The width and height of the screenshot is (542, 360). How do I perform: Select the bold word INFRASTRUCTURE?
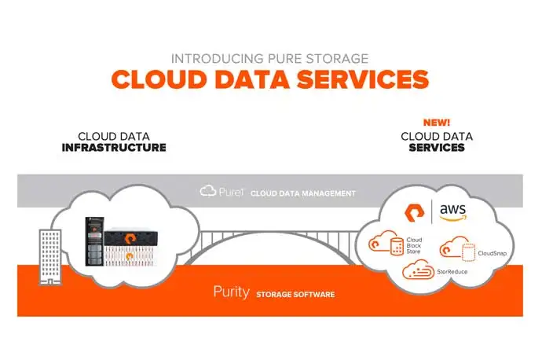[x=114, y=147]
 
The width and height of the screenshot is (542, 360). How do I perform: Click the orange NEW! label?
[x=436, y=123]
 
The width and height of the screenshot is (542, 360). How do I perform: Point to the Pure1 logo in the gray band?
[x=222, y=191]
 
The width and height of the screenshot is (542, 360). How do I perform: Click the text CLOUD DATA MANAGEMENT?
[x=303, y=193]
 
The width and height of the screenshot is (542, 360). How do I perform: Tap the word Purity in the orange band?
[x=232, y=292]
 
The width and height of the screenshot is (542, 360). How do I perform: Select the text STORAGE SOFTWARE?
[x=295, y=295]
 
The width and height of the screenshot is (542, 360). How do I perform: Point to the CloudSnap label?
[x=492, y=253]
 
